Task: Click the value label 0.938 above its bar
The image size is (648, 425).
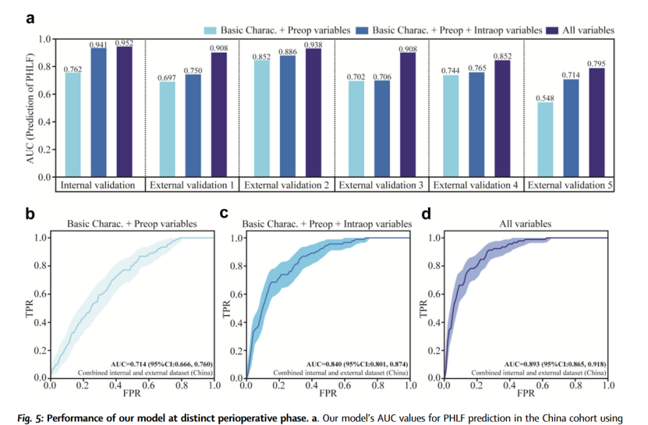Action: point(313,44)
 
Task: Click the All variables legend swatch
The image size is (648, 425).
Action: point(555,30)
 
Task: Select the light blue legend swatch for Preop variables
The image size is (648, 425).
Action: point(211,30)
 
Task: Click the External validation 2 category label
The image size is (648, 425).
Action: point(286,186)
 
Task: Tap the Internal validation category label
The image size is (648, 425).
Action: point(99,186)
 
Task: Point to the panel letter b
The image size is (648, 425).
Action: point(30,212)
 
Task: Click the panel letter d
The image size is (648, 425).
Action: point(427,212)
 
